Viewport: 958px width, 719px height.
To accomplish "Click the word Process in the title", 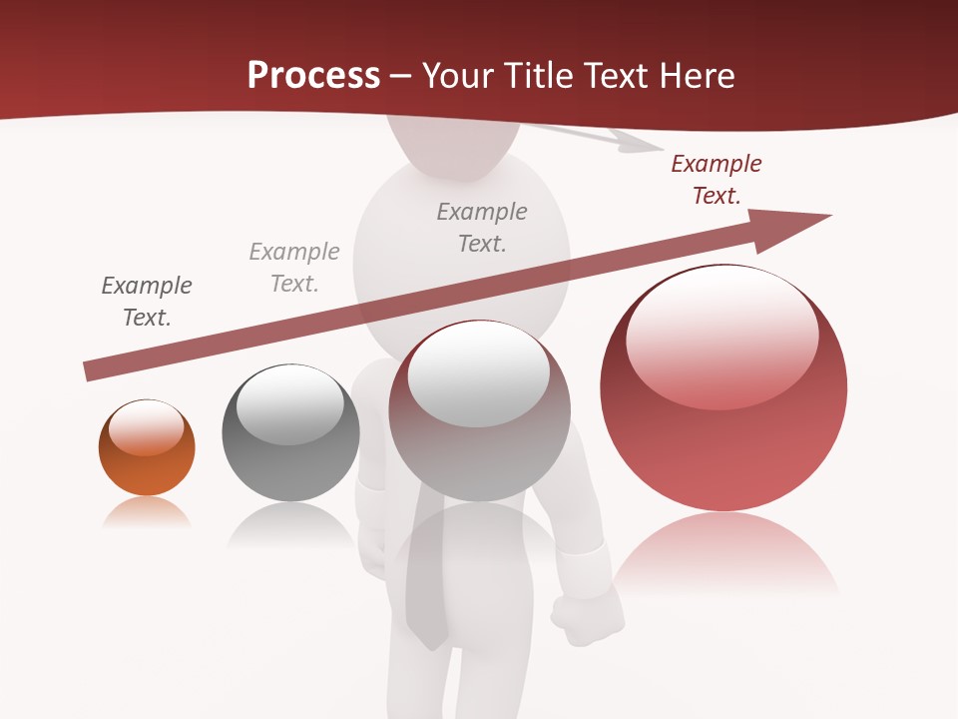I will (x=313, y=75).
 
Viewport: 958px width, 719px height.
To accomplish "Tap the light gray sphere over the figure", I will (x=479, y=410).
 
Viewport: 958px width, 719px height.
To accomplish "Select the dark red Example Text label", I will (x=716, y=180).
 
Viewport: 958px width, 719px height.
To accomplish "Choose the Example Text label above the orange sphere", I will (x=147, y=302).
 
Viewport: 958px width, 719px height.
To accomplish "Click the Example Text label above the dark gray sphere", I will (x=294, y=268).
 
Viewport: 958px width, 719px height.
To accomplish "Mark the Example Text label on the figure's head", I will (x=482, y=227).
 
